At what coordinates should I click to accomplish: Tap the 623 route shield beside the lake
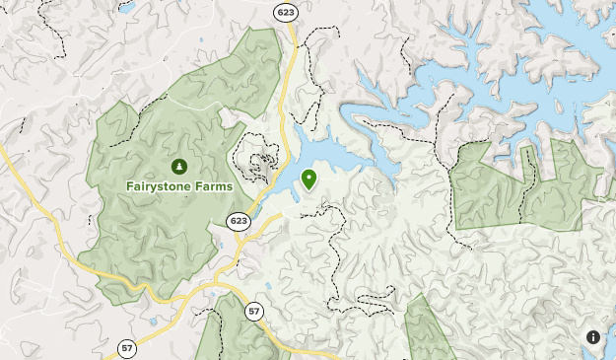tap(237, 220)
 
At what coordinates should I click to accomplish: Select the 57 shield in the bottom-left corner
tap(127, 348)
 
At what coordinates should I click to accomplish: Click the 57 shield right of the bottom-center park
tap(254, 312)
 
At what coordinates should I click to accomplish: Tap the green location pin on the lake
tap(309, 179)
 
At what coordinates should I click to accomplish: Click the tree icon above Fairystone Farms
tap(178, 166)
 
